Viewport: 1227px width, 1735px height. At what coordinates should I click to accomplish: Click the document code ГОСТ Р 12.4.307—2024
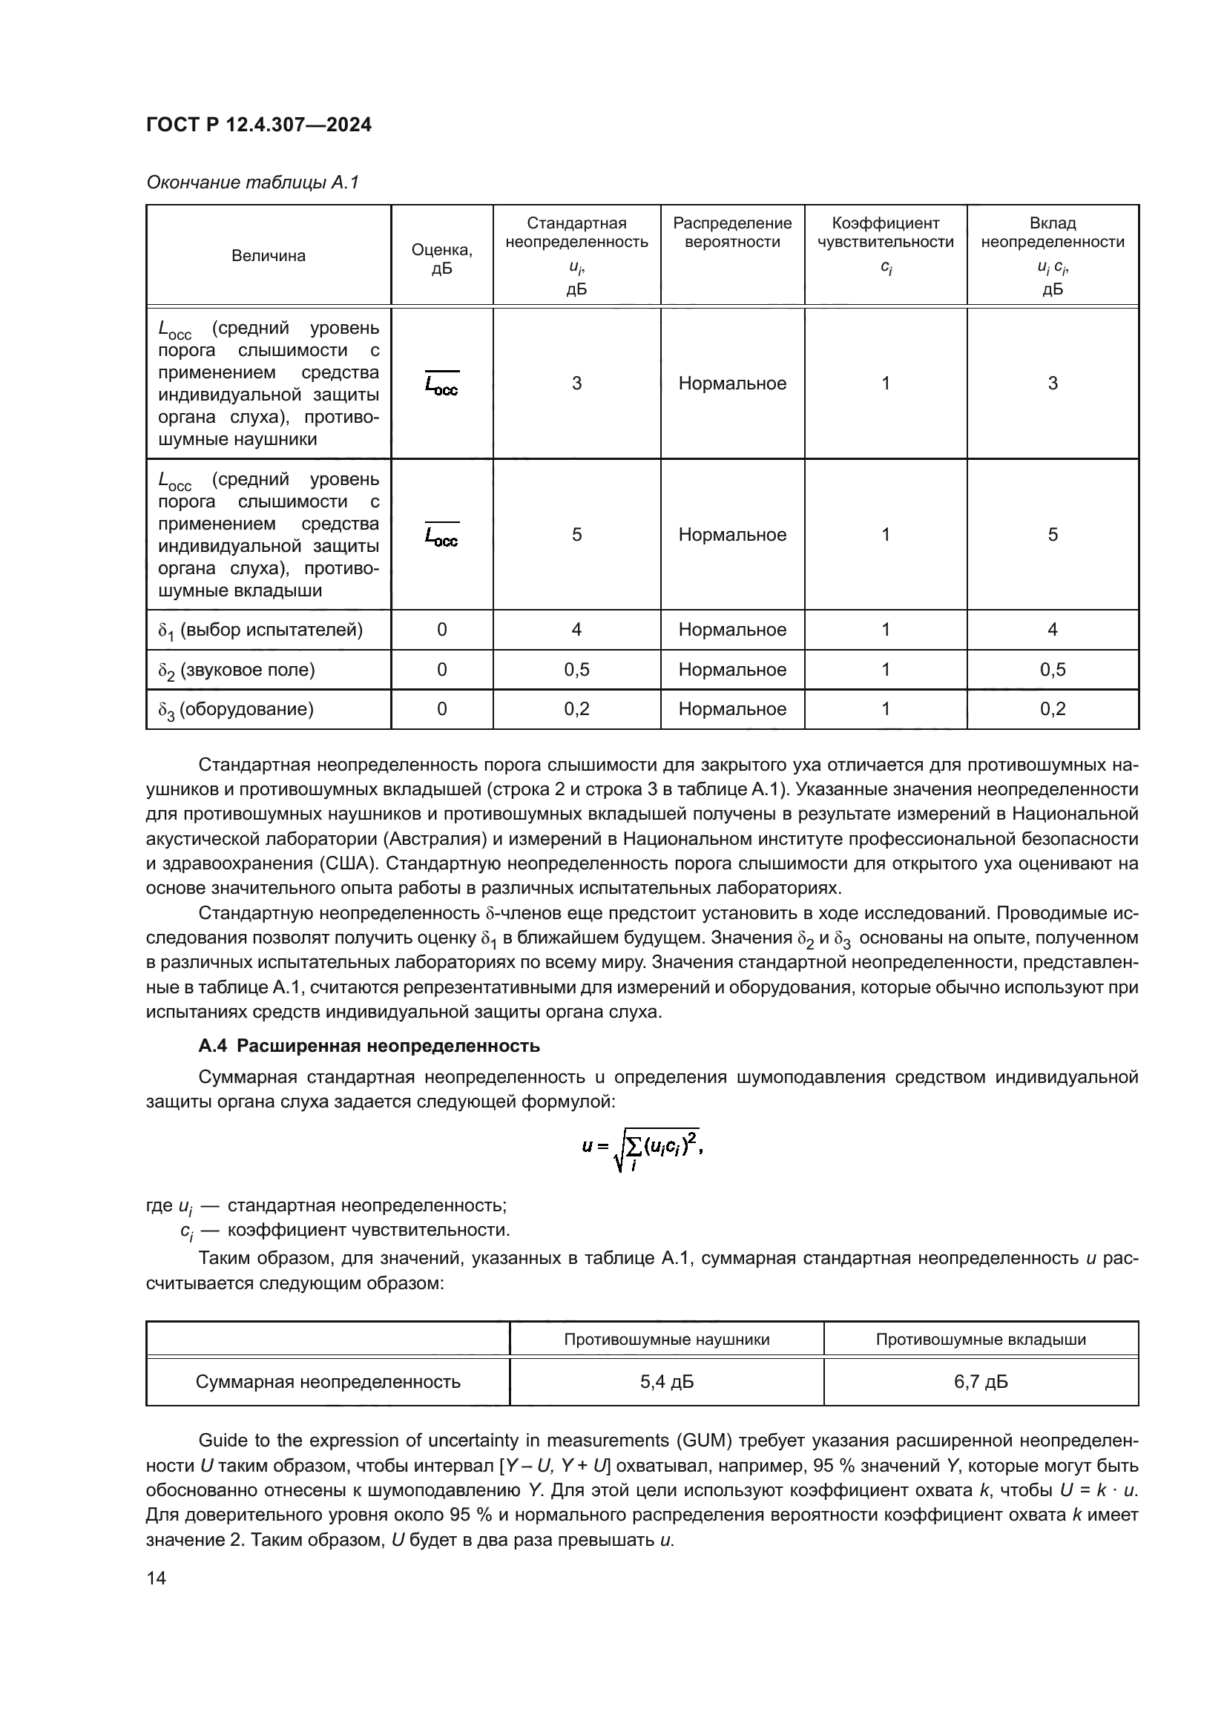[258, 125]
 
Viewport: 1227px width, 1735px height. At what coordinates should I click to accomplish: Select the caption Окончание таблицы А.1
[252, 182]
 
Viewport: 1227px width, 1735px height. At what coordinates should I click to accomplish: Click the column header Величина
[269, 255]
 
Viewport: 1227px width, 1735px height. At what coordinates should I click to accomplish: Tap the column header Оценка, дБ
[442, 259]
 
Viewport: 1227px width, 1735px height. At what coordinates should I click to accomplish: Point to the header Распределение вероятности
[732, 232]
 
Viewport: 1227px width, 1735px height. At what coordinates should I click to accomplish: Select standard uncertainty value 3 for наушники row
[576, 383]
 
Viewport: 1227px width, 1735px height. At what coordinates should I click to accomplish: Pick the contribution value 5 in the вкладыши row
[1053, 534]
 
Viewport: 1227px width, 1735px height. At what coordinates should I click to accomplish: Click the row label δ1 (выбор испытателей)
[260, 631]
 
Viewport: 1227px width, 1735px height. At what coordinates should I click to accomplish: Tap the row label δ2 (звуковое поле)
[237, 671]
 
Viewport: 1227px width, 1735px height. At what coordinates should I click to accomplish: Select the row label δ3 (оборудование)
[236, 710]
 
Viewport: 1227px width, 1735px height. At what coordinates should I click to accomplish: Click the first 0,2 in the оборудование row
[576, 709]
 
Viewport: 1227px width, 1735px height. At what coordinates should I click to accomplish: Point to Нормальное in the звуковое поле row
[732, 670]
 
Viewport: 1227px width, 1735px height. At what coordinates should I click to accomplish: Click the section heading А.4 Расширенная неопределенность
[369, 1046]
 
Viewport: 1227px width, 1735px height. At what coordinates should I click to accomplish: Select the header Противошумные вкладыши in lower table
[981, 1340]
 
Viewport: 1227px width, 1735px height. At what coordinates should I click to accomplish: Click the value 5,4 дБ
[666, 1382]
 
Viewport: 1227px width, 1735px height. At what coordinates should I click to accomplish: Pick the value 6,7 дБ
[981, 1382]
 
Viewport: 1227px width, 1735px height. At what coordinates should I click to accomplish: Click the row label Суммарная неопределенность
[328, 1382]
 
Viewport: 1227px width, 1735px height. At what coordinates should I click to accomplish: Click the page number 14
[157, 1578]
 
